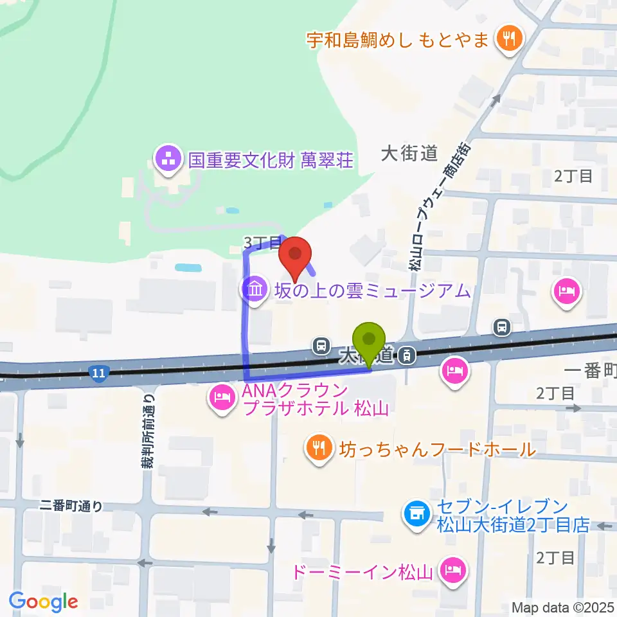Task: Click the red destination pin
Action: pos(295,258)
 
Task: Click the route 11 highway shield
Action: pos(98,372)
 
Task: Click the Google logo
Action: pos(43,602)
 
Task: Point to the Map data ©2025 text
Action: pos(563,607)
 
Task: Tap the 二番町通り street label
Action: pos(70,506)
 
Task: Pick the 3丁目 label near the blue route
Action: pos(262,242)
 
